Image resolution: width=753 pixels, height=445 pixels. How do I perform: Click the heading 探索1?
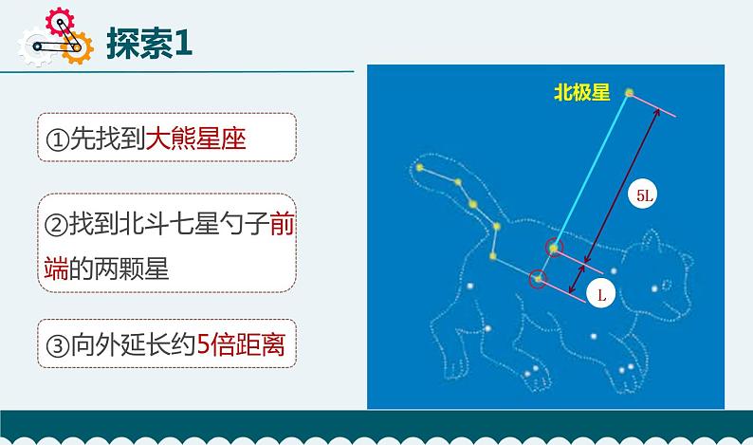tap(149, 44)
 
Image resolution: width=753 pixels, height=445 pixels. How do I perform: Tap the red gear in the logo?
tap(60, 22)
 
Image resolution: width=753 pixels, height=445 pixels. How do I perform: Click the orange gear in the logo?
tap(77, 48)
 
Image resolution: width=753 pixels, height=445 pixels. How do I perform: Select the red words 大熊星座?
tap(196, 139)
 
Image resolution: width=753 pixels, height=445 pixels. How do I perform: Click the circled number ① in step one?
tap(57, 139)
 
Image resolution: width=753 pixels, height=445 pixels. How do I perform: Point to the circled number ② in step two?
tap(57, 225)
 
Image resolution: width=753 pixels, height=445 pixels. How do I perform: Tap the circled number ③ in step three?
tap(58, 345)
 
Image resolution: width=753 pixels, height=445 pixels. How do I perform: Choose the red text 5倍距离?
tap(242, 344)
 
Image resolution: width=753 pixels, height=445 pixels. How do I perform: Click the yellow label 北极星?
tap(582, 92)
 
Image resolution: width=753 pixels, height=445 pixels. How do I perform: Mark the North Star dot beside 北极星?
tap(629, 92)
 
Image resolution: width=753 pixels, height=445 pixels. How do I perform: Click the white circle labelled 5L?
tap(644, 195)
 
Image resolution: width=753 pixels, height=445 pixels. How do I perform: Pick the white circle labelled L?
tap(601, 294)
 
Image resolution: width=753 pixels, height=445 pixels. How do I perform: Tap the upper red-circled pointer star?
tap(554, 249)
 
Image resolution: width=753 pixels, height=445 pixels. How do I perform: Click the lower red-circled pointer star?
tap(539, 279)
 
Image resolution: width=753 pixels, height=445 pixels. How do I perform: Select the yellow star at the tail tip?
tap(420, 167)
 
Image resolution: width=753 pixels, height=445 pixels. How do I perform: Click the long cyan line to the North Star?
tap(592, 170)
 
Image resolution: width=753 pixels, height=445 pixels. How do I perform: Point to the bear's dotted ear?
tap(652, 240)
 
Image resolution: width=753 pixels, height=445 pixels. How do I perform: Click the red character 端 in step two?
tap(56, 269)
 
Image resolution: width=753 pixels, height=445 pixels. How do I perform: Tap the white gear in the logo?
tap(34, 46)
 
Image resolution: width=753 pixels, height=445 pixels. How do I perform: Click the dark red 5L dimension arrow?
tap(622, 187)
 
